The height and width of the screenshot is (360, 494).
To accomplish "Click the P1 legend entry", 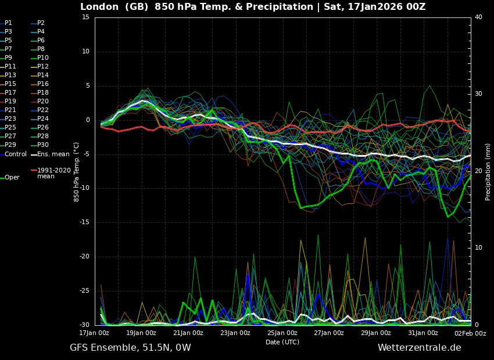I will point(9,23).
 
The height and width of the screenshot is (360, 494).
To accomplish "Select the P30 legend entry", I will point(43,145).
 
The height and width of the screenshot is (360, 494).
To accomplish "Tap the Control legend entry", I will point(16,154).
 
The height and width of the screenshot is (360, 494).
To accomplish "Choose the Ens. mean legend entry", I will point(53,154).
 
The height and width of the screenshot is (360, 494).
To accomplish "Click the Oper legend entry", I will point(12,178).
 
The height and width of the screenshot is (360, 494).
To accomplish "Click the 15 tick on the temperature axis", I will point(85,17).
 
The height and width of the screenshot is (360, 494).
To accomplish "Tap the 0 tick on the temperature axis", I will point(87,120).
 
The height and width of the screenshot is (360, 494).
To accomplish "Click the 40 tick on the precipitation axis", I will point(478,17).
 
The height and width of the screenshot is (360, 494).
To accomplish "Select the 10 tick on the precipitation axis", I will point(478,248).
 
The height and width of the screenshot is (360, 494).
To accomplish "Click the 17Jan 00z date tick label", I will point(94,333).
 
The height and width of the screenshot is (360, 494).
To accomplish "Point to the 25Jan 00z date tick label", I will point(282,333).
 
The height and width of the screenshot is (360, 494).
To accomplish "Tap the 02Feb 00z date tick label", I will point(471,333).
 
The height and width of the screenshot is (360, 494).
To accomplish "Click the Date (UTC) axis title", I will point(282,342).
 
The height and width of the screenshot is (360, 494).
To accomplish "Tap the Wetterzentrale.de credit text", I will point(419,348).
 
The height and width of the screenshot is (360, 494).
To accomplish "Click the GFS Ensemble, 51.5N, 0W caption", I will point(130,348).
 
